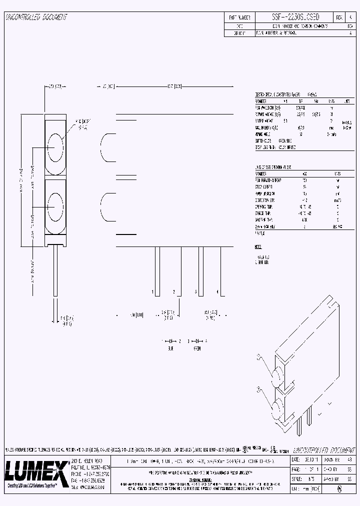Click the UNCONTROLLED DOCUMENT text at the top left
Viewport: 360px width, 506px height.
click(36, 17)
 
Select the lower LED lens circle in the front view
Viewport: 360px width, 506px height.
click(55, 205)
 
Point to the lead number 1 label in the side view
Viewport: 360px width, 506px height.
click(153, 291)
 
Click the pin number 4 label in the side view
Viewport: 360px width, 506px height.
click(217, 291)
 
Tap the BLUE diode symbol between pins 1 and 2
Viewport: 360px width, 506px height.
click(171, 340)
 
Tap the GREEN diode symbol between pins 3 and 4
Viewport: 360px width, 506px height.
click(198, 340)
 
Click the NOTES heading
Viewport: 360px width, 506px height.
click(258, 247)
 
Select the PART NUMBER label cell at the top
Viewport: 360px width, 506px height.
click(239, 17)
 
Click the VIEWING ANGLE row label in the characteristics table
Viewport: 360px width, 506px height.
click(265, 134)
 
